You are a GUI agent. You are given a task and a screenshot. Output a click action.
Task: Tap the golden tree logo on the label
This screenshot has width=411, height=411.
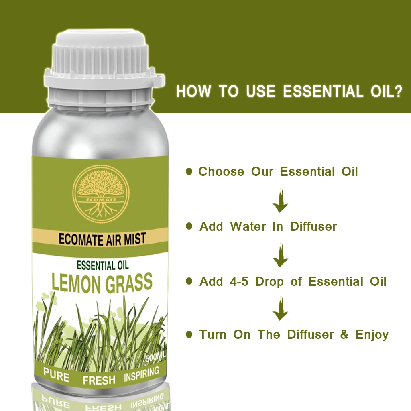[x=101, y=194]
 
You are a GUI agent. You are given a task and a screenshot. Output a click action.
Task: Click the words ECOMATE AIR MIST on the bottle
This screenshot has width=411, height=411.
[x=102, y=239]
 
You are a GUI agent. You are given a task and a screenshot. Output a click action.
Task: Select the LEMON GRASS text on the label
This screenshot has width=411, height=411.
[x=102, y=283]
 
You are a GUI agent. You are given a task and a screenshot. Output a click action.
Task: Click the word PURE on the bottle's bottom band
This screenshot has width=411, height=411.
[x=56, y=375]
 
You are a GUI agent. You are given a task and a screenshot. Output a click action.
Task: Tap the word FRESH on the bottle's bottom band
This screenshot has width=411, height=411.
[x=99, y=380]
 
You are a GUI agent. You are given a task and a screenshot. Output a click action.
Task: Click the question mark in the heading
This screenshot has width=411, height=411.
[x=398, y=91]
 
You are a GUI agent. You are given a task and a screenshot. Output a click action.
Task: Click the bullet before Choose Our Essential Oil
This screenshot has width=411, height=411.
[x=189, y=171]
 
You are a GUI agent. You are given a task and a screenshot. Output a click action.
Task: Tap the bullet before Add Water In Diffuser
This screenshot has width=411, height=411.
[x=189, y=226]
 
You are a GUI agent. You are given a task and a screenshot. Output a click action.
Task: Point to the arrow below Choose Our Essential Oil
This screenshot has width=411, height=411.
[x=280, y=201]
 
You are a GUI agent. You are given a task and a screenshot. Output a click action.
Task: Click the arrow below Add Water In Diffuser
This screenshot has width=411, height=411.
[x=280, y=255]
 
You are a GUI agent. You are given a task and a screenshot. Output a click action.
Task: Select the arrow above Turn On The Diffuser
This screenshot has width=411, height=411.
[x=280, y=309]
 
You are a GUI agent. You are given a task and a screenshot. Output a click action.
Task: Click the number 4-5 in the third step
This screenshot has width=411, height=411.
[x=239, y=281]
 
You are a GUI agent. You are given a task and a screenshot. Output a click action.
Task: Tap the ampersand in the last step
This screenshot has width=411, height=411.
[x=344, y=334]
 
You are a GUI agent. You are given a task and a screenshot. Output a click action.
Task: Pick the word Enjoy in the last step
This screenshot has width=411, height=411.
[x=372, y=335]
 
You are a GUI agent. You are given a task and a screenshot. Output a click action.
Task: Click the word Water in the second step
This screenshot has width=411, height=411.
[x=248, y=226]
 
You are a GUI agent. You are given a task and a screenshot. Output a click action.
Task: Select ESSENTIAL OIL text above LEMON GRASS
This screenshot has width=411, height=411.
[x=103, y=266]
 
